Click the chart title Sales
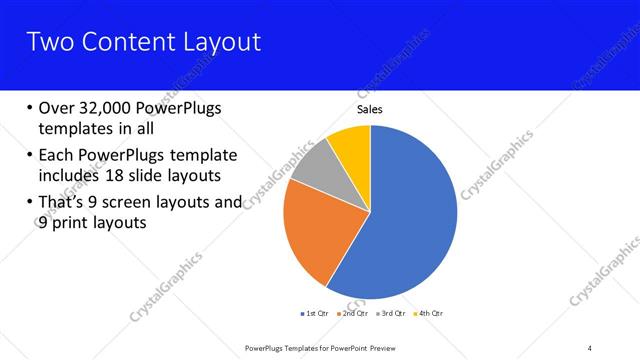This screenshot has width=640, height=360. tap(370, 111)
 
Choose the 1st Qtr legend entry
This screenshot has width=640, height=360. tap(319, 314)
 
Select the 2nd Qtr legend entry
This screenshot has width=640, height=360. tap(353, 314)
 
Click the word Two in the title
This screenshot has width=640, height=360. tap(49, 42)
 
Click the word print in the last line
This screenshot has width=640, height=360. tap(73, 223)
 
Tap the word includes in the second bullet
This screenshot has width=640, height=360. tap(71, 176)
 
